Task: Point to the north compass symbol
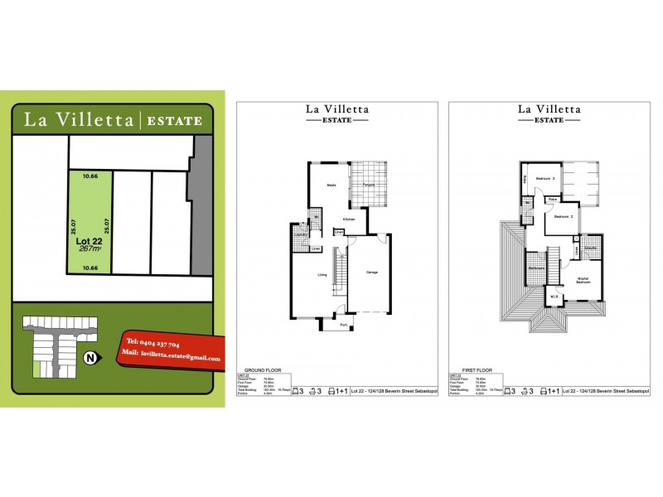(x=90, y=358)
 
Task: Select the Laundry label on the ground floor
(x=301, y=234)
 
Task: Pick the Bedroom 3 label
(x=544, y=178)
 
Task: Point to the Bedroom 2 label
(x=564, y=216)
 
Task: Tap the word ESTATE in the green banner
(x=174, y=121)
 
